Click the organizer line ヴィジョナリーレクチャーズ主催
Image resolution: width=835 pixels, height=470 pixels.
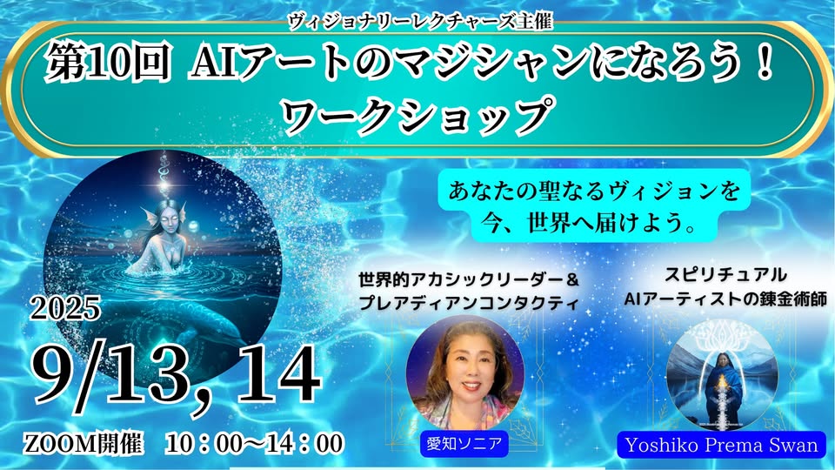(x=419, y=21)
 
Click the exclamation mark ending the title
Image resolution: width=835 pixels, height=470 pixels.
(x=765, y=63)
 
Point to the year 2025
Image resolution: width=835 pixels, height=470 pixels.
(x=65, y=307)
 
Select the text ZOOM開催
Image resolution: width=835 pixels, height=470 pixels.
(x=83, y=443)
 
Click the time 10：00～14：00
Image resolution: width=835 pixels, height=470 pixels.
(x=254, y=443)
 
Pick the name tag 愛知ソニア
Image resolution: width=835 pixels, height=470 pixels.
(x=464, y=443)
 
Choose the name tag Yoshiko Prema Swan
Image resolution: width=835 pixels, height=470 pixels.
(x=722, y=446)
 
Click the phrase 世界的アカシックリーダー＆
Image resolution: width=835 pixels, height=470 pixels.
(x=468, y=279)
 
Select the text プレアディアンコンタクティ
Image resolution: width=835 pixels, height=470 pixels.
(x=468, y=302)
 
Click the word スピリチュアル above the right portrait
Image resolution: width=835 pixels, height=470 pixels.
(x=725, y=274)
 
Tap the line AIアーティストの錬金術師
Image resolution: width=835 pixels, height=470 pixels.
(x=725, y=299)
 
